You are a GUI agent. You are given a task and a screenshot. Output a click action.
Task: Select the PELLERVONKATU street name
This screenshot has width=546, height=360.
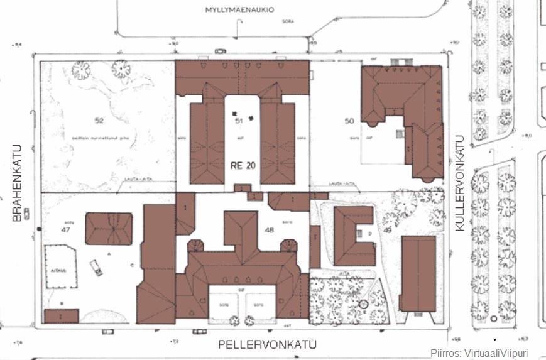tap(267, 344)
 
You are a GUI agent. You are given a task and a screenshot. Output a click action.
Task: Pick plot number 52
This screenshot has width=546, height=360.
tap(99, 120)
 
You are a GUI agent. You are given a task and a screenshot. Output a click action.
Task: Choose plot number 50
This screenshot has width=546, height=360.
tap(351, 120)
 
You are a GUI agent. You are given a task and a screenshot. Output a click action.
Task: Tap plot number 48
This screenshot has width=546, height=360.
tap(270, 230)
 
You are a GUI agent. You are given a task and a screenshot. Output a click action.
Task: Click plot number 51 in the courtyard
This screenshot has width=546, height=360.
tap(238, 120)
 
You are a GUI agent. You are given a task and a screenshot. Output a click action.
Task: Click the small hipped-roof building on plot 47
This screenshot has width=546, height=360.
tap(109, 228)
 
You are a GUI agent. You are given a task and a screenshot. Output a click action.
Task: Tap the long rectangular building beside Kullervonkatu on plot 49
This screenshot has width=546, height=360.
tap(417, 274)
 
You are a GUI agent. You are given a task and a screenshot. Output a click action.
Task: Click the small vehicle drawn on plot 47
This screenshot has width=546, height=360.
tap(97, 268)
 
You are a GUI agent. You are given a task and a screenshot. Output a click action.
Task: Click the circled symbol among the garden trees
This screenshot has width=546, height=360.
tap(363, 305)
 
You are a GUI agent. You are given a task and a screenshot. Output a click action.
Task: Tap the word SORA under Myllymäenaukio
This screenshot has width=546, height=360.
tap(288, 21)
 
